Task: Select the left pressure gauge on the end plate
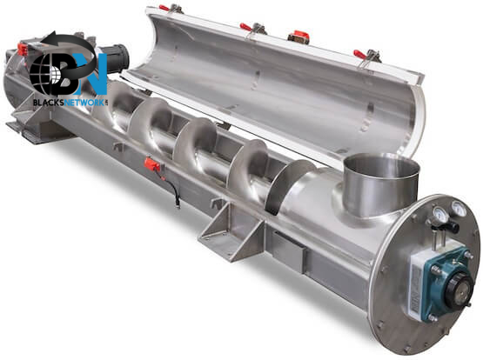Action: click(x=439, y=214)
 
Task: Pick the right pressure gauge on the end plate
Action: click(x=459, y=209)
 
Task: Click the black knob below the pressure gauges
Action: click(x=453, y=228)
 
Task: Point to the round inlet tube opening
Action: click(x=382, y=165)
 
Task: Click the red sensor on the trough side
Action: click(x=153, y=164)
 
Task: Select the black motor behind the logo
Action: click(x=113, y=60)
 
